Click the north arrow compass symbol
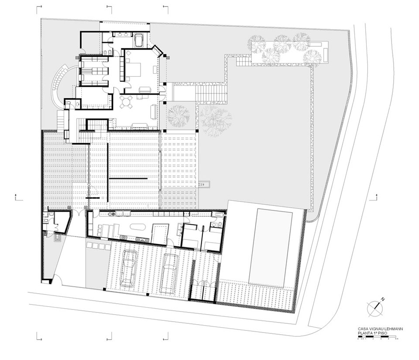coord(375,308)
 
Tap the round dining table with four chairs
coord(127,103)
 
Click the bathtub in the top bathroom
coord(140,40)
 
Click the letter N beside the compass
coord(382,299)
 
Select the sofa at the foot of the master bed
coord(144,89)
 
